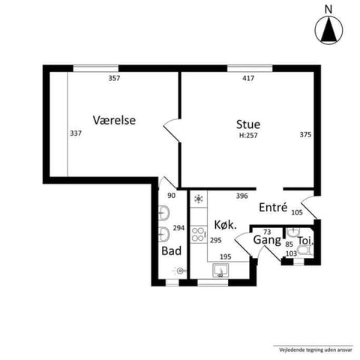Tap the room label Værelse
coord(114,120)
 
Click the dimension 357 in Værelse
coord(114,78)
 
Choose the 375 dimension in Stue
coord(304,135)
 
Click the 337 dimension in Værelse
coord(75,133)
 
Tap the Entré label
coord(273,208)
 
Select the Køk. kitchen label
coord(226,224)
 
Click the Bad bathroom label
coord(170,250)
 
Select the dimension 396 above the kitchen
coord(241,196)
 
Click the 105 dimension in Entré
coord(297,213)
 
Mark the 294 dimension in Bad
coord(178,227)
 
